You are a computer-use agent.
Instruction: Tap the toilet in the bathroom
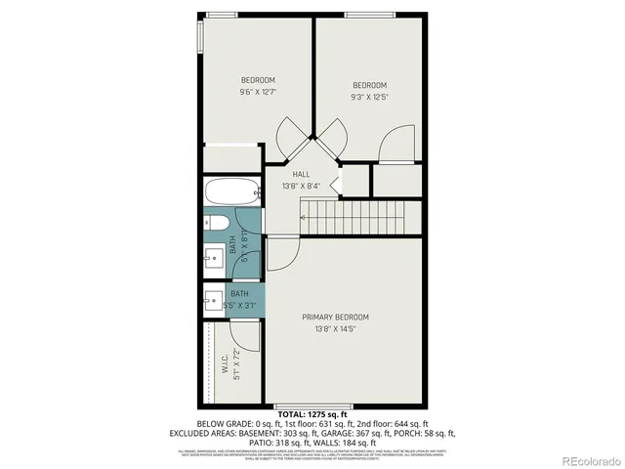(215, 224)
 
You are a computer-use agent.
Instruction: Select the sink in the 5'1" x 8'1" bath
(215, 260)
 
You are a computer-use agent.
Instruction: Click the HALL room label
(301, 174)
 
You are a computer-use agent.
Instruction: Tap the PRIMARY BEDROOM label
(335, 317)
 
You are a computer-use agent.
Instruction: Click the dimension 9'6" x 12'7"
(258, 93)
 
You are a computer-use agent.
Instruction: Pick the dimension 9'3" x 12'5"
(370, 97)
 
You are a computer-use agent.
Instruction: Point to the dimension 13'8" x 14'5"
(335, 329)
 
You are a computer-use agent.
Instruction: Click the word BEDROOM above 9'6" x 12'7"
(258, 80)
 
